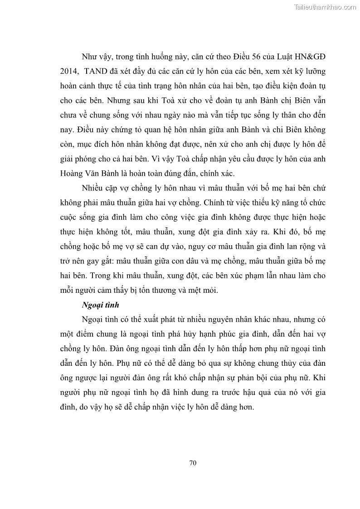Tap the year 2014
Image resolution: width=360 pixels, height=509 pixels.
(x=68, y=73)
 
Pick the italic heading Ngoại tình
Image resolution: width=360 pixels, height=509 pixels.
(x=100, y=305)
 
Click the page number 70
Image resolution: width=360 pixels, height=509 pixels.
(x=192, y=463)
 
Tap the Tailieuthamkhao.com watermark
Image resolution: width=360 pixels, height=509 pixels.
(x=325, y=7)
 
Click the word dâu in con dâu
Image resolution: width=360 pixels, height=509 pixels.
(x=209, y=261)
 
